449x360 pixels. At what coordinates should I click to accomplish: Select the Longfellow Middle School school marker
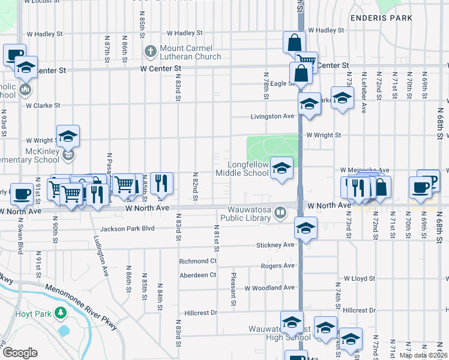point(282,169)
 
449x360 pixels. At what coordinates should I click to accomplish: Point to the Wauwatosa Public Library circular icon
point(280,213)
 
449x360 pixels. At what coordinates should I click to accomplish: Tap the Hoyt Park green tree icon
point(60,313)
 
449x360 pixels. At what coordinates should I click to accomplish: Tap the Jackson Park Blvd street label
point(127,229)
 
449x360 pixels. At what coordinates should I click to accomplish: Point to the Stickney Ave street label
point(276,245)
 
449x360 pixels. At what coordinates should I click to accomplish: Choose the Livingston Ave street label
point(272,116)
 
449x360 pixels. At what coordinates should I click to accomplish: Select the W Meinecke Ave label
point(365,170)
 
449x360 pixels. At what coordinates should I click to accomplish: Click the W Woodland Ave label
point(270,288)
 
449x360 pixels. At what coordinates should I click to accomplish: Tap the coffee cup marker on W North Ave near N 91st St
point(22,193)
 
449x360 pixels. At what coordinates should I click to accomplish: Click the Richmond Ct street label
point(197,262)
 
